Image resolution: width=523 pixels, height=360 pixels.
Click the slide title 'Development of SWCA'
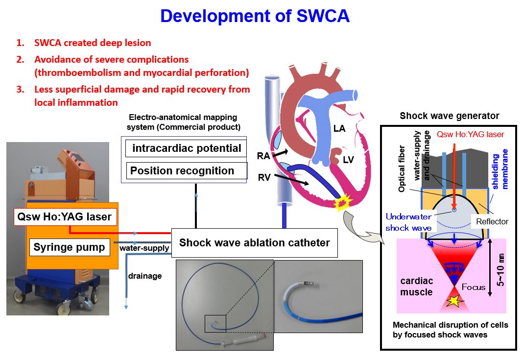pos(255,16)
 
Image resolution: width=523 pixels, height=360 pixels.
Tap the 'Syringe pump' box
pos(69,247)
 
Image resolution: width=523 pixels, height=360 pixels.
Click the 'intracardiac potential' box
pos(187,148)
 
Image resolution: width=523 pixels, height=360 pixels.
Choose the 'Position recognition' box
pos(182,171)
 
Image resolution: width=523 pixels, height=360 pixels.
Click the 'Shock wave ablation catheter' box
pos(254,242)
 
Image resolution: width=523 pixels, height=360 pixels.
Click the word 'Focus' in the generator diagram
pos(474,287)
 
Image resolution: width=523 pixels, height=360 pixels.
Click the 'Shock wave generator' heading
pos(449,116)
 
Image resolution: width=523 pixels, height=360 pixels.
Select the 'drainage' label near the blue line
pos(145,276)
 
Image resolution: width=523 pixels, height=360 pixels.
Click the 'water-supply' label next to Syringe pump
pos(144,248)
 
